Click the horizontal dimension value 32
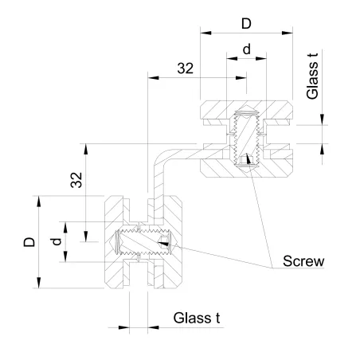coord(186,68)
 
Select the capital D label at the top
coord(246,23)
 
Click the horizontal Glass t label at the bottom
coord(197,319)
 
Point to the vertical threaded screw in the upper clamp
coord(246,137)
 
